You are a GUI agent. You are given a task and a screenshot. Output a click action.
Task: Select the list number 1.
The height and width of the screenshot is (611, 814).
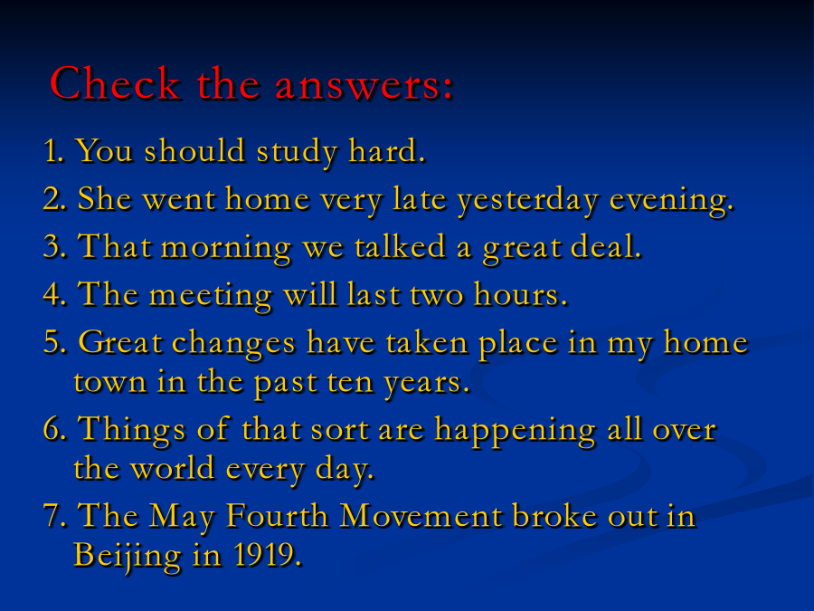(x=54, y=150)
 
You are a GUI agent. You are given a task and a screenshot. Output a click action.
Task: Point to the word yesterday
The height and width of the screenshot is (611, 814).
(x=527, y=201)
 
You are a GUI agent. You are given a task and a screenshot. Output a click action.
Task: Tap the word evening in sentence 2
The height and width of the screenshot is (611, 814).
(x=670, y=201)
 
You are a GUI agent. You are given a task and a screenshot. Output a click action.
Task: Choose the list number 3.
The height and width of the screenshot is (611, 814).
(x=54, y=246)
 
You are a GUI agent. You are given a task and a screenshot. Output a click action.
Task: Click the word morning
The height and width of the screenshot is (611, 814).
(x=226, y=248)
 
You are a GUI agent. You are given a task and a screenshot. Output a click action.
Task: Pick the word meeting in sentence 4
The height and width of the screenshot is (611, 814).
(x=210, y=296)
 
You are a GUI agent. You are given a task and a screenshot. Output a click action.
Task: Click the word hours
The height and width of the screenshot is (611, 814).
(x=518, y=294)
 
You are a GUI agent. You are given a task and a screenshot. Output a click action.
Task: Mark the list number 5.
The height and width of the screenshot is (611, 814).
(x=54, y=342)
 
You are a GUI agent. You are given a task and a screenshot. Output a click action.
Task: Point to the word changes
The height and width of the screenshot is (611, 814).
(x=234, y=344)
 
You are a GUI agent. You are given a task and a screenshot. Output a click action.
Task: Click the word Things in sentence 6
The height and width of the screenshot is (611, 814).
(x=131, y=430)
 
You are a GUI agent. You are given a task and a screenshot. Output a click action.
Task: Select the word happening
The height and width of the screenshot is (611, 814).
(x=515, y=431)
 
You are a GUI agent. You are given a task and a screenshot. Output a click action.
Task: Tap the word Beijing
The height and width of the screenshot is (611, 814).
(x=128, y=556)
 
